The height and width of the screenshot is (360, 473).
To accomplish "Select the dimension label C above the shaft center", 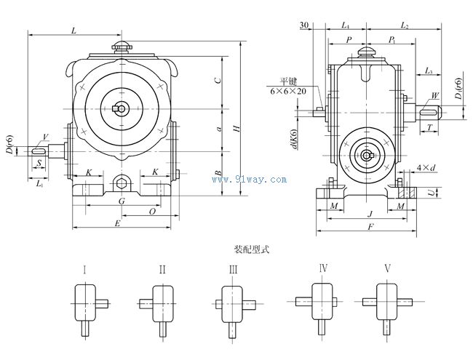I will coord(218,80).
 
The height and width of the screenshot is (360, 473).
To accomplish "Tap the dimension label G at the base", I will coord(122,200).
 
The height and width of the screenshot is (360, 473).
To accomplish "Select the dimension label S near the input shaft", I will coord(38,164).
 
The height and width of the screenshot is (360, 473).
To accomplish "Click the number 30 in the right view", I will coord(304,25).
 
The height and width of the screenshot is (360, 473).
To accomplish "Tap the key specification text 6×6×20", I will coord(288,92).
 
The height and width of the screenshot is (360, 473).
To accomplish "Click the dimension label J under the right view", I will coord(371,214).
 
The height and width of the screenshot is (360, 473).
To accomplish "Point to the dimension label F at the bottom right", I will coord(371,228).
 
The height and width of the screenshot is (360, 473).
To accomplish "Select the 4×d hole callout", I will coord(426,169).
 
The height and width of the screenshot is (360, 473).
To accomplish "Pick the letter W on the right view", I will coord(434,96).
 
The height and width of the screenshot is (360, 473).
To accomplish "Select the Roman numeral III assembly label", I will coord(233,269).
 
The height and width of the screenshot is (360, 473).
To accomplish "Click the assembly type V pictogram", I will coord(386,302).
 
